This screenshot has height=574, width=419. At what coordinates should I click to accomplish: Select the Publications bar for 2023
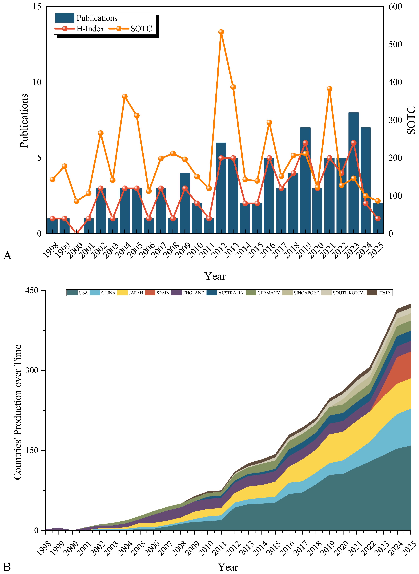coord(353,173)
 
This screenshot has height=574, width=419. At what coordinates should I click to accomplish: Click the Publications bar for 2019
coord(305,180)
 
